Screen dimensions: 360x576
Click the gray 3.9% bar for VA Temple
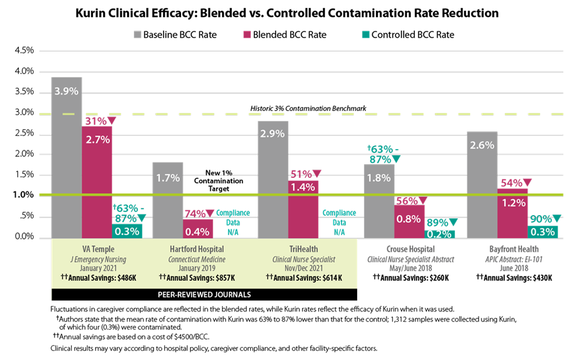[67, 157]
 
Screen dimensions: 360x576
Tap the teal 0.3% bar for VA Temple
[127, 231]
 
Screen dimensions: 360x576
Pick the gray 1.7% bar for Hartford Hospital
[167, 199]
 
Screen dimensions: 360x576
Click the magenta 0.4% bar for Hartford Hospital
[198, 228]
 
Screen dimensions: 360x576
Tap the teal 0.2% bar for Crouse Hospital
[440, 234]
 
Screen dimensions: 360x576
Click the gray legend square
[137, 35]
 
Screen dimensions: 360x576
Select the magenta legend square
[247, 35]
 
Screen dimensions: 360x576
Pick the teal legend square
[366, 35]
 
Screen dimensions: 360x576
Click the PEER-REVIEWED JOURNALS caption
[204, 294]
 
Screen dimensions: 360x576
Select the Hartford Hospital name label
[197, 249]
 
